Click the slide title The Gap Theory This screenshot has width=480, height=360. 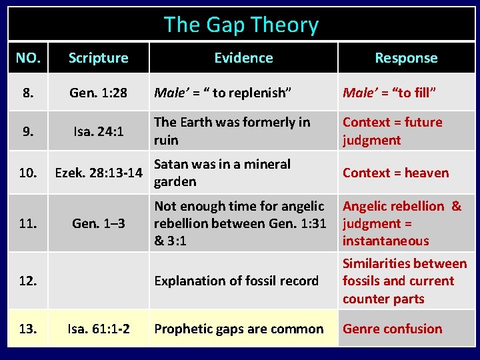click(x=241, y=25)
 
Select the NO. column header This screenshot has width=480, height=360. click(x=27, y=58)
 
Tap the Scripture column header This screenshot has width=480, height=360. click(x=98, y=58)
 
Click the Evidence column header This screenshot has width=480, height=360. click(x=243, y=58)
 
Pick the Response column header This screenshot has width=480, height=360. click(x=406, y=58)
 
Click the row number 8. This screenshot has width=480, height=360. click(x=27, y=93)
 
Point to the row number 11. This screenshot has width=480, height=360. click(x=27, y=223)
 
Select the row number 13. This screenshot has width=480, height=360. click(x=27, y=329)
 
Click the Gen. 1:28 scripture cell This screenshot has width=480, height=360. click(x=98, y=93)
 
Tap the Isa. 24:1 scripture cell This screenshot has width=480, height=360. click(x=98, y=131)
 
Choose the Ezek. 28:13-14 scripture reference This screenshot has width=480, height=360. click(x=98, y=173)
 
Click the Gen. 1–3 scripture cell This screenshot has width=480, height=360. click(x=98, y=223)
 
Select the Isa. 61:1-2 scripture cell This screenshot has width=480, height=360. click(x=98, y=329)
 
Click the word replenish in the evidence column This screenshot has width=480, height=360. click(x=257, y=93)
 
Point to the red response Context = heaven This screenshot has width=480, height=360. click(x=395, y=173)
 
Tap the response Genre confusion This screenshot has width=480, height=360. click(x=392, y=329)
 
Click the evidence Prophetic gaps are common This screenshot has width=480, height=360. click(x=238, y=329)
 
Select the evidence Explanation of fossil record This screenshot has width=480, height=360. click(x=236, y=281)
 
